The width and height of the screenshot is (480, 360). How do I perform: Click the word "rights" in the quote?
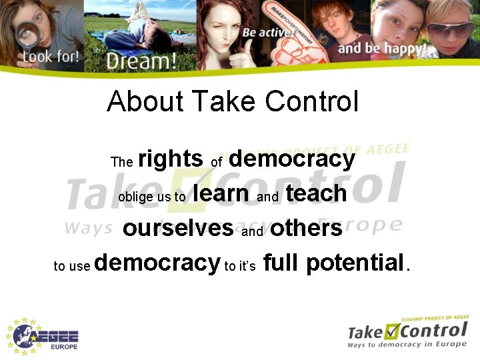tap(170, 159)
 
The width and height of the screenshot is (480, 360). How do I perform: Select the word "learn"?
tap(221, 193)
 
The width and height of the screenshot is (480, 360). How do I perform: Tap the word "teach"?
tap(316, 193)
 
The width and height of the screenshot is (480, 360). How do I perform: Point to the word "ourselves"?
tap(178, 228)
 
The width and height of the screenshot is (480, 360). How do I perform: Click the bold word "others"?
tap(306, 228)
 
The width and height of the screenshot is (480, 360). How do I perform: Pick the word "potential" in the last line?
tap(357, 263)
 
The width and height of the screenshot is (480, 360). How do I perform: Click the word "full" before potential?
tap(280, 263)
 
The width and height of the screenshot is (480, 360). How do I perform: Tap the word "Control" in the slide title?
tap(311, 101)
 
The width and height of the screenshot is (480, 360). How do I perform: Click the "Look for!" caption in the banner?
tap(51, 56)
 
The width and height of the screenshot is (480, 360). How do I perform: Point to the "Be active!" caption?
tap(268, 32)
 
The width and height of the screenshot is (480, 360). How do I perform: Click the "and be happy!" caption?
tap(382, 49)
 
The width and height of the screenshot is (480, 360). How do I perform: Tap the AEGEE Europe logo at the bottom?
tap(44, 335)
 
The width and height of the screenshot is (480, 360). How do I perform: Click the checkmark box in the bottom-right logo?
tap(392, 329)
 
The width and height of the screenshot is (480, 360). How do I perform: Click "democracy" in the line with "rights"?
tap(291, 159)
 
